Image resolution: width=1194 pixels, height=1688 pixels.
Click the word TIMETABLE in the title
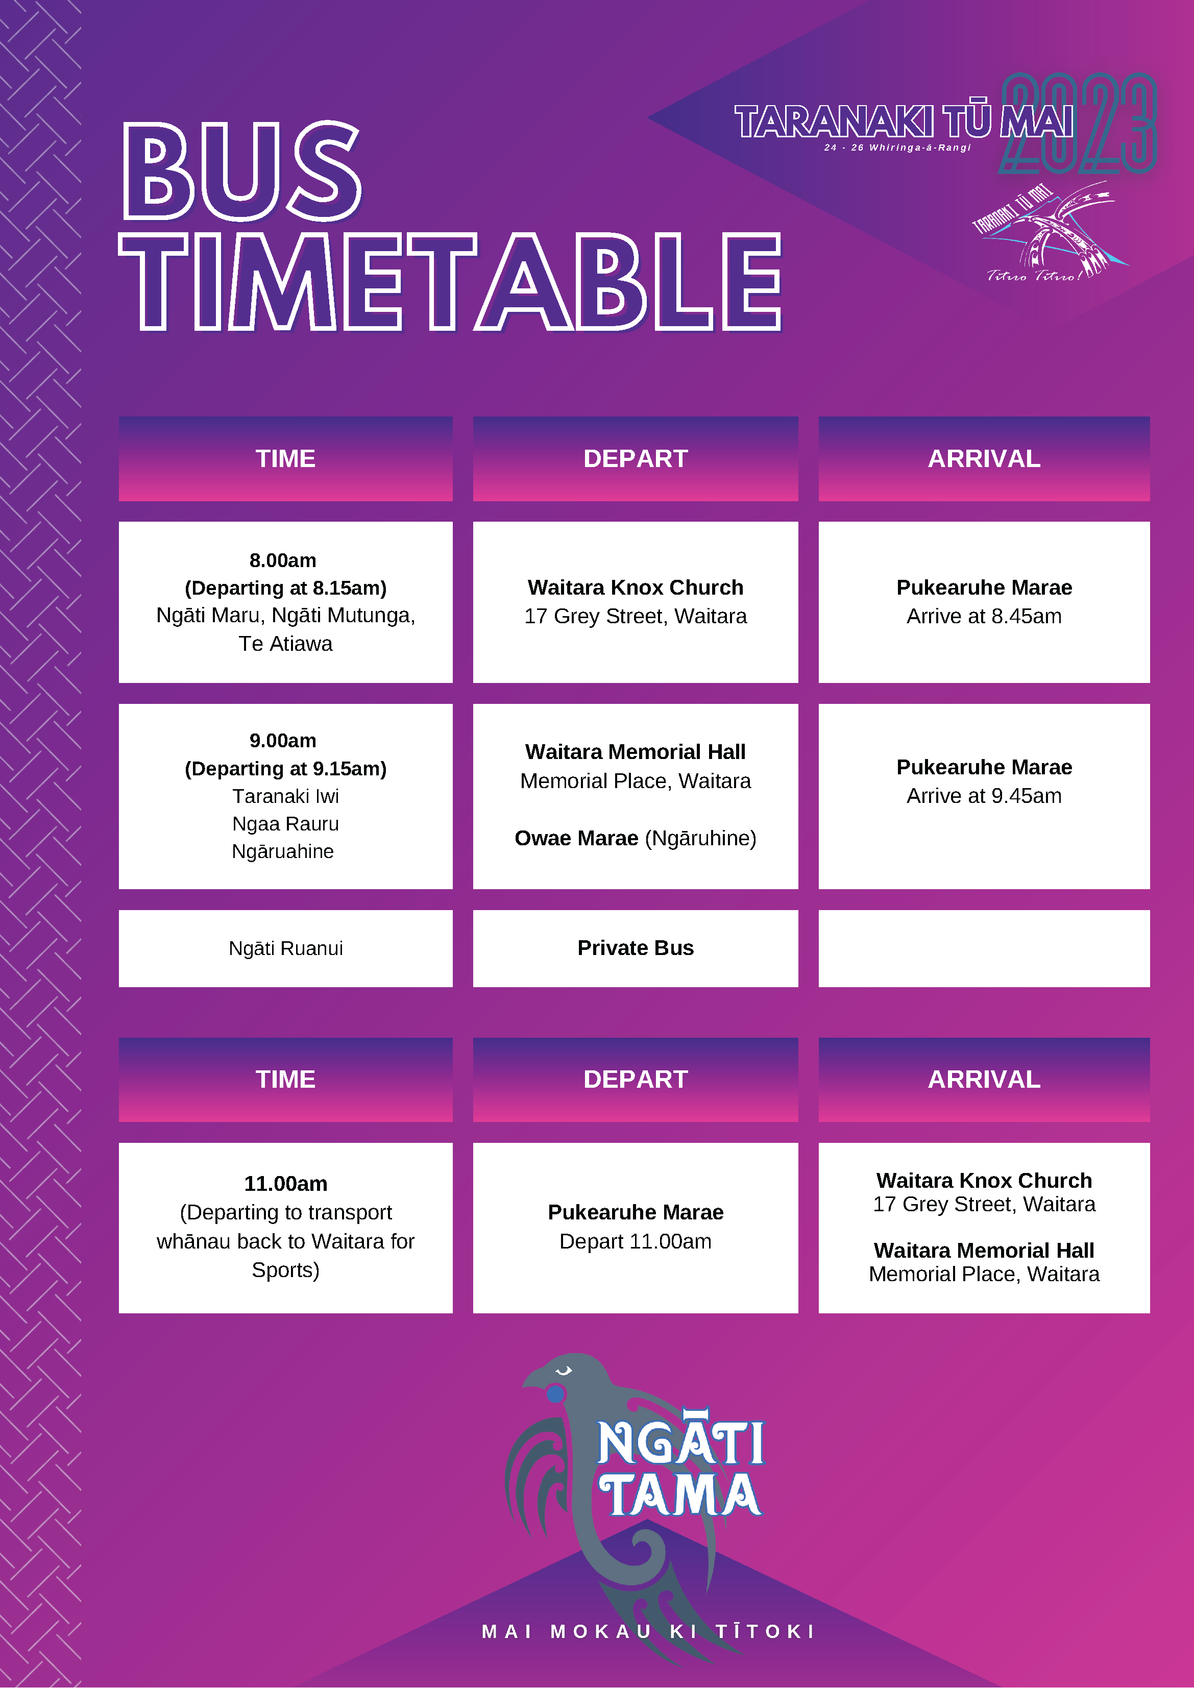(450, 282)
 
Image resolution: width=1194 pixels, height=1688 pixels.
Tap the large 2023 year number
(1078, 124)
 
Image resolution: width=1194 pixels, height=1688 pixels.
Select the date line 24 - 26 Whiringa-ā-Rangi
(897, 148)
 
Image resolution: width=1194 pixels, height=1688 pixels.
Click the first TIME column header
(285, 459)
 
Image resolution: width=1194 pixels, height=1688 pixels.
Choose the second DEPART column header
(635, 1079)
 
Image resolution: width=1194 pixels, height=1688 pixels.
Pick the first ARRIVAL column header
(984, 459)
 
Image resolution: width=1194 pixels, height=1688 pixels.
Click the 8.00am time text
(283, 560)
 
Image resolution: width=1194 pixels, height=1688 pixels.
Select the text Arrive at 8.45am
(984, 616)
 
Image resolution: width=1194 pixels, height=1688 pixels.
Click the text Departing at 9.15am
(285, 768)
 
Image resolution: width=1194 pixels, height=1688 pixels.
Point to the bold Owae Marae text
(576, 838)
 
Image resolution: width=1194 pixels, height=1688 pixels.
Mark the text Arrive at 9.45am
(984, 795)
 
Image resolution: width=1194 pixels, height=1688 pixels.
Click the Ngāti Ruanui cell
(285, 948)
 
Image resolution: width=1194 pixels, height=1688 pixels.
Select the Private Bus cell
(635, 948)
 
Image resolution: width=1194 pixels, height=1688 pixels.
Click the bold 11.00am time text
(285, 1184)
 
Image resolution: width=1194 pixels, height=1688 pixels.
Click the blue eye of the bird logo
(556, 1392)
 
